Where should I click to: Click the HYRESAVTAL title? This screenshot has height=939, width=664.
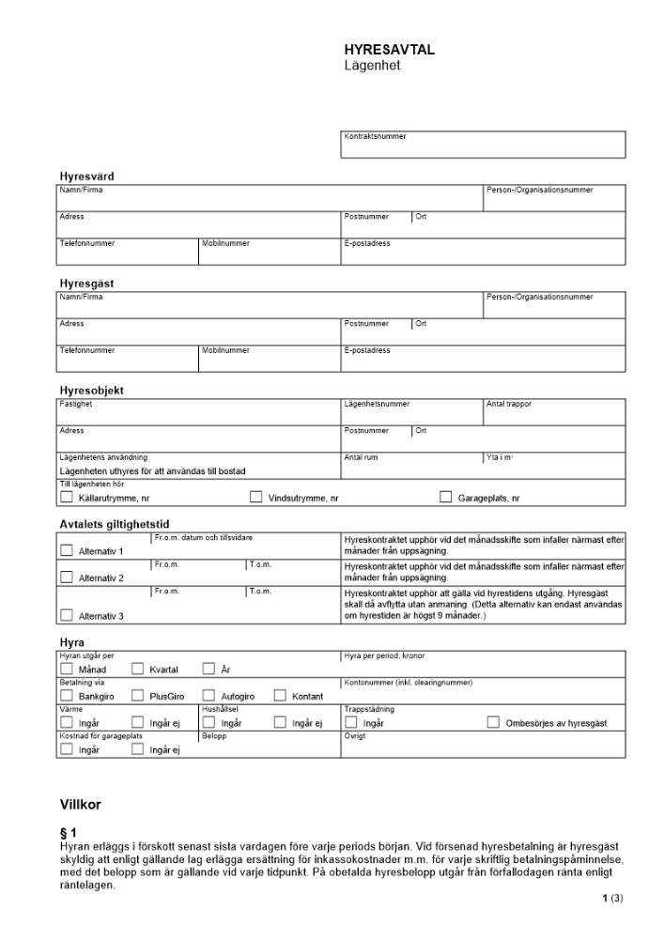(389, 51)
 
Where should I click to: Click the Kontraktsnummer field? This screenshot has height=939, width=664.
(484, 145)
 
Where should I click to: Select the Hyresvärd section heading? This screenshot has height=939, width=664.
(86, 176)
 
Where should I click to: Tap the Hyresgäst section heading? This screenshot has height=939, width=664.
(86, 283)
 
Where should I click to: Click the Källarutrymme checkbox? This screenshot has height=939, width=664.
(67, 498)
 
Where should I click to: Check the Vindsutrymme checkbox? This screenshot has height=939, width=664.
(255, 498)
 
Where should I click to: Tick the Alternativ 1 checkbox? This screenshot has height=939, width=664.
(67, 551)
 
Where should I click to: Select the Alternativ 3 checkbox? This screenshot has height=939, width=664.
(67, 615)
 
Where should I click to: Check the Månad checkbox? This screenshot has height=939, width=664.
(67, 670)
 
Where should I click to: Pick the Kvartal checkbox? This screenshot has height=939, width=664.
(137, 670)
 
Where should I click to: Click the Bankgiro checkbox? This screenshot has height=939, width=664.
(67, 696)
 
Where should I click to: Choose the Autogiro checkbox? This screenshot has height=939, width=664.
(208, 696)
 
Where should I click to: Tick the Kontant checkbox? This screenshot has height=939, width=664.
(280, 696)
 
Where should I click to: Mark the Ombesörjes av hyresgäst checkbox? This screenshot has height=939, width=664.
(493, 723)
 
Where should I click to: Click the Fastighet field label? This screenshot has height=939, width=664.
(76, 405)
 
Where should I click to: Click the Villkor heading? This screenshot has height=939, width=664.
(80, 805)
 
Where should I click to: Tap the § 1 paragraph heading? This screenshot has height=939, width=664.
(67, 832)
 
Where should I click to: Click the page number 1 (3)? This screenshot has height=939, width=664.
(613, 899)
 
